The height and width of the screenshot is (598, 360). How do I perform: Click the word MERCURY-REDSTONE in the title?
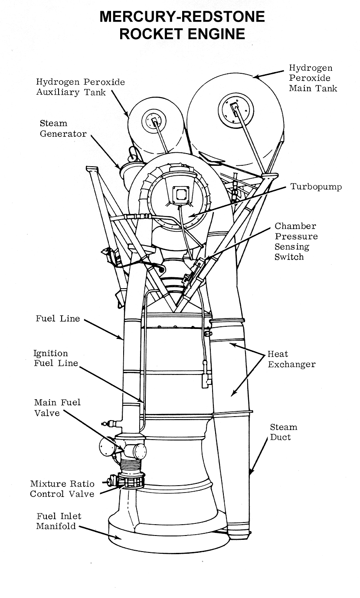182,17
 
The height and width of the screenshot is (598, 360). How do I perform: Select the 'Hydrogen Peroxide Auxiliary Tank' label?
80,87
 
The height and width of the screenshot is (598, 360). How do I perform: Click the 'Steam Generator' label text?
63,128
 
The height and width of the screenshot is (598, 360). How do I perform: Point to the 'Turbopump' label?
316,187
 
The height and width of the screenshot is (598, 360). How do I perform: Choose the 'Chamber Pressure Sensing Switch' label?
296,241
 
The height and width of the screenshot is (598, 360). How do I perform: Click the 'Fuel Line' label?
58,319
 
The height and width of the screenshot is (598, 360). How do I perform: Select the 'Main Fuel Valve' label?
57,407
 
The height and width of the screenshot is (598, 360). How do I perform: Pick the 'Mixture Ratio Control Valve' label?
62,489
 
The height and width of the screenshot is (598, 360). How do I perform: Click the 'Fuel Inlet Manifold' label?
59,521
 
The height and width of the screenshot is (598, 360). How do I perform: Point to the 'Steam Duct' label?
283,432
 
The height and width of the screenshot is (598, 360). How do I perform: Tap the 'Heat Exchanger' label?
291,359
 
